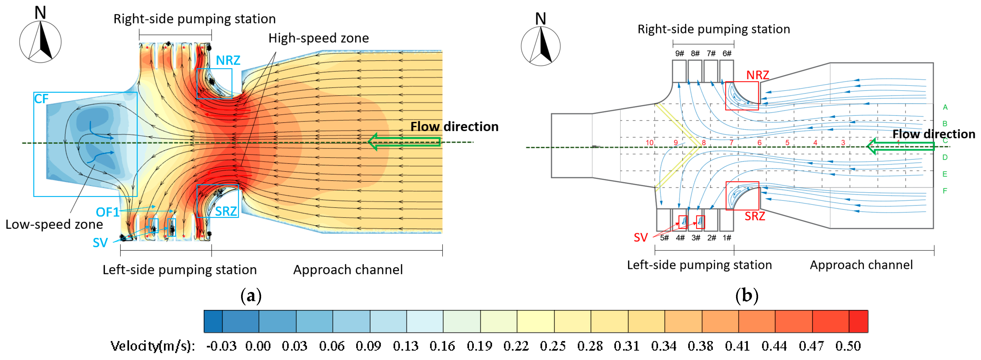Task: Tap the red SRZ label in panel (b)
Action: tap(754, 216)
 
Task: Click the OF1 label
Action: tap(107, 212)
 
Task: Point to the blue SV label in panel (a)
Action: tap(100, 243)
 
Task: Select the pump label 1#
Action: tap(727, 238)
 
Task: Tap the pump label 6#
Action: tap(727, 53)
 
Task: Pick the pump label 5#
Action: tap(664, 238)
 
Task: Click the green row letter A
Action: tap(945, 107)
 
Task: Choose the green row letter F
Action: tap(945, 191)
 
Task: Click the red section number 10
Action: tap(649, 142)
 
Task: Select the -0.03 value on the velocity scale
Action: tap(221, 346)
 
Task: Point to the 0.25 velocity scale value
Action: tap(552, 346)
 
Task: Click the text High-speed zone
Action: tap(318, 38)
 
